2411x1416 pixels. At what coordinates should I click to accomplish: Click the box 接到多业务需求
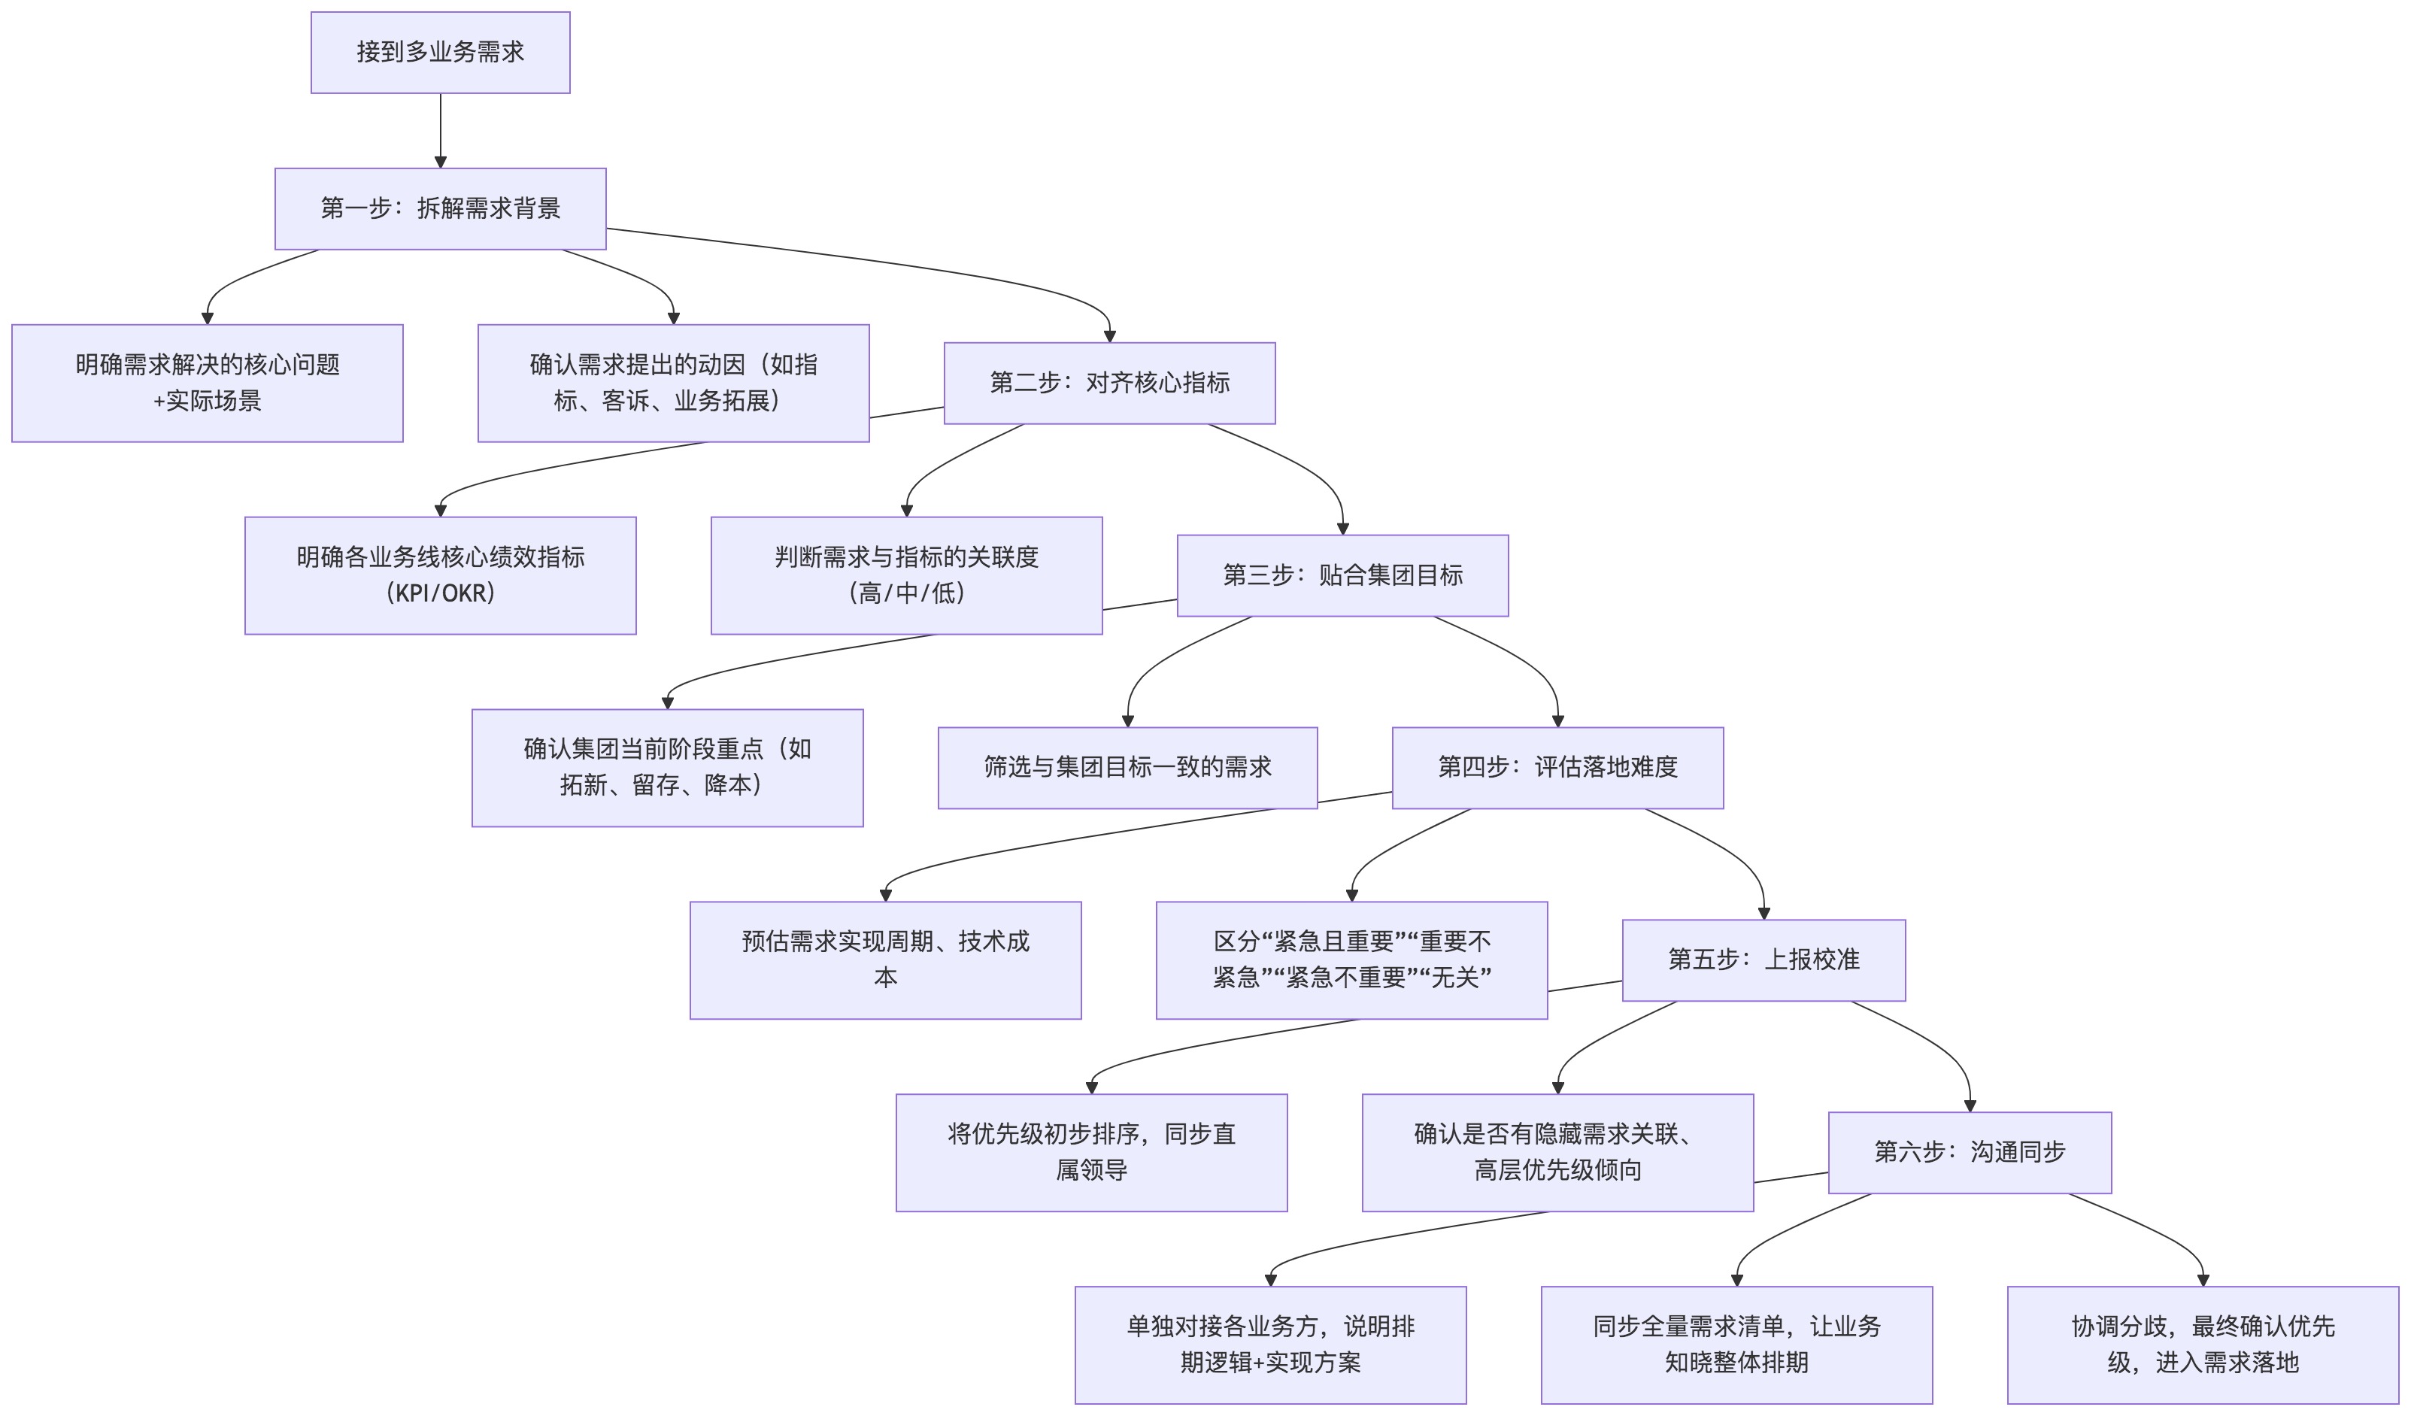(440, 53)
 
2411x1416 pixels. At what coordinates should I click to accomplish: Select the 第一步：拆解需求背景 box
(440, 208)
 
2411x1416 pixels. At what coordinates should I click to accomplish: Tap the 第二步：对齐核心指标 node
(1109, 383)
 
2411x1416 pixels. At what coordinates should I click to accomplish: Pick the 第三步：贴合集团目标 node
(1342, 575)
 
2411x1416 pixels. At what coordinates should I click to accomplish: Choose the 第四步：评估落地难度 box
(1557, 767)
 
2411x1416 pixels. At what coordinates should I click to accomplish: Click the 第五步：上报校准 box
(1764, 960)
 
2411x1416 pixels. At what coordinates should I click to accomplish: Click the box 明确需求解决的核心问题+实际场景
(208, 383)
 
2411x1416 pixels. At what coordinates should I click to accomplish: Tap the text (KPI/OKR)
(440, 593)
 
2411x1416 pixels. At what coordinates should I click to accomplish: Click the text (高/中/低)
(906, 593)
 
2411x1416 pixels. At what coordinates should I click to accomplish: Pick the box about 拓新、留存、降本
(667, 767)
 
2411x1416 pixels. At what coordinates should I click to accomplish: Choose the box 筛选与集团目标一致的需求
(1127, 767)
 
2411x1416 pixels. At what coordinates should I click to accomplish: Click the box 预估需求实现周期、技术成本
(885, 960)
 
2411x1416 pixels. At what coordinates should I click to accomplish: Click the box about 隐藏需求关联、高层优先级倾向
(1557, 1152)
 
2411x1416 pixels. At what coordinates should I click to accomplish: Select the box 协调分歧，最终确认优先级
(2203, 1345)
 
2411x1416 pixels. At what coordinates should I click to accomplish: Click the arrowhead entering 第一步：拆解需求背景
(440, 162)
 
